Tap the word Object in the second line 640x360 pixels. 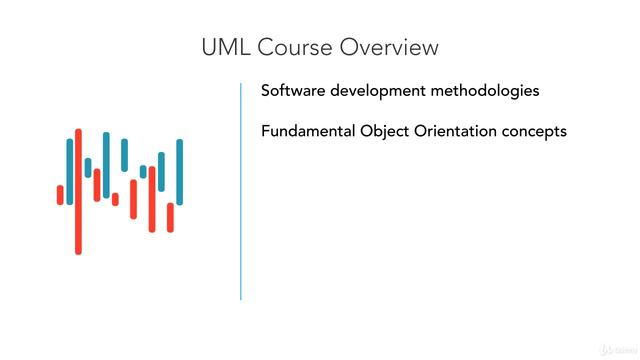[389, 132]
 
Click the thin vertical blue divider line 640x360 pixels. [241, 190]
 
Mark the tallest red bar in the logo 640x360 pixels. [78, 191]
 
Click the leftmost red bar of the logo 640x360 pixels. [60, 195]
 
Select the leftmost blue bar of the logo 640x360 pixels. [70, 171]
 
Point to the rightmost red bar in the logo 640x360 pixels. [170, 217]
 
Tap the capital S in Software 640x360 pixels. [266, 90]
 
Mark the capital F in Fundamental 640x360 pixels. [265, 131]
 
